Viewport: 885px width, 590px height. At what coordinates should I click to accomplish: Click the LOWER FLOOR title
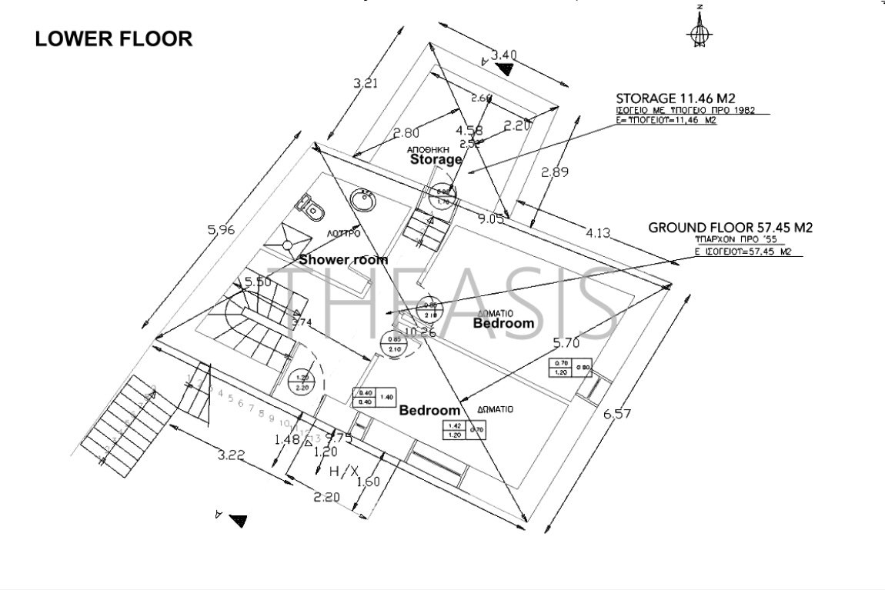(x=114, y=38)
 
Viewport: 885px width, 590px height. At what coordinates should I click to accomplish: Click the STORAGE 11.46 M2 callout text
(x=677, y=98)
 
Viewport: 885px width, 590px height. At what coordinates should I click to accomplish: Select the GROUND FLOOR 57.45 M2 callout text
(x=730, y=228)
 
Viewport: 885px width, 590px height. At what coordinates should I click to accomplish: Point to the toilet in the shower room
(x=310, y=206)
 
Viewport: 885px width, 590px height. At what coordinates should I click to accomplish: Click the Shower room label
(x=343, y=260)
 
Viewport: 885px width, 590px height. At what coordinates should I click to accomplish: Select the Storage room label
(x=436, y=160)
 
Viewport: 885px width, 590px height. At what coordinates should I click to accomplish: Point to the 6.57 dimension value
(x=617, y=414)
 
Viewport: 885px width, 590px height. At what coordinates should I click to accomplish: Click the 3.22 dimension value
(x=230, y=455)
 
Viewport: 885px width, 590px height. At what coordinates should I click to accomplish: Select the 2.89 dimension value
(x=555, y=172)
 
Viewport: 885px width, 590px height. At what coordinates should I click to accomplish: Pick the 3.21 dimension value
(x=366, y=84)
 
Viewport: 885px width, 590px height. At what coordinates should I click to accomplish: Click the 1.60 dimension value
(x=369, y=482)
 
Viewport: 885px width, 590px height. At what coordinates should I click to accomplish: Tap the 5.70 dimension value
(x=568, y=343)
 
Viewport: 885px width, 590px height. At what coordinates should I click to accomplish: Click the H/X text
(x=343, y=471)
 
